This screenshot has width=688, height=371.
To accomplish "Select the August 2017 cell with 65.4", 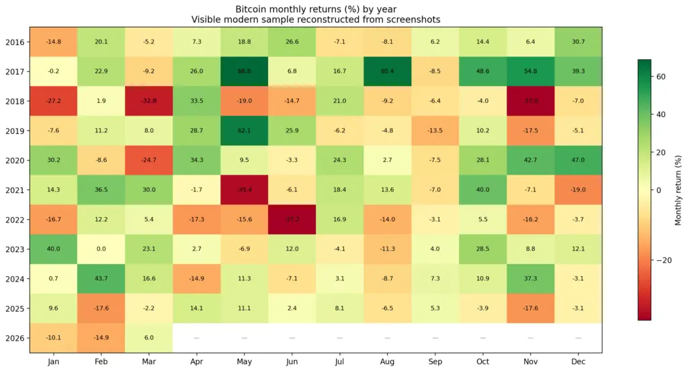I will coord(387,72).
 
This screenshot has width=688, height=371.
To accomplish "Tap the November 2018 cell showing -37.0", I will coord(531,101).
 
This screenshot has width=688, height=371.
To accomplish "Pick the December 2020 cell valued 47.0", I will coord(578,161).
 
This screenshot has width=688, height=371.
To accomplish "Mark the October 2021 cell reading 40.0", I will coord(483,190).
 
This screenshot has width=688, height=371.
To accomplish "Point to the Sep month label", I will coord(435,362).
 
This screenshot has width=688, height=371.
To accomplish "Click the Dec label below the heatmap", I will coord(578,362).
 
